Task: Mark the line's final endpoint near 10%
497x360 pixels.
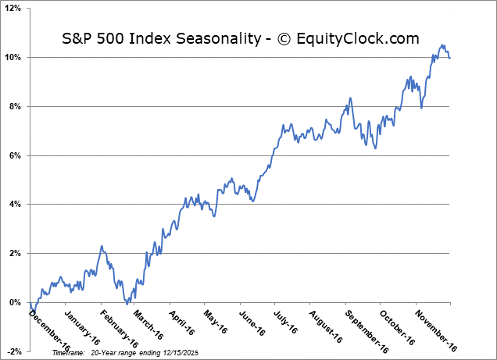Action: point(449,58)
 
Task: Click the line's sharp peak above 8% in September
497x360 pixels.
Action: point(351,98)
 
